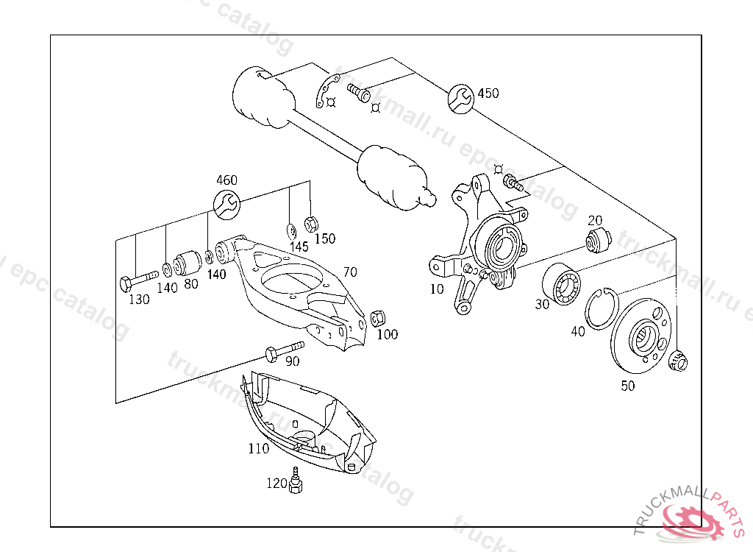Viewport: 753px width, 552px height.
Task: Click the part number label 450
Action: click(x=488, y=93)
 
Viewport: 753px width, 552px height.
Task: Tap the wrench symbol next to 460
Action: click(x=226, y=203)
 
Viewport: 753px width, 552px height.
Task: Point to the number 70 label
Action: click(x=349, y=272)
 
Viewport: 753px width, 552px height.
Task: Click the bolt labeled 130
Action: click(x=138, y=279)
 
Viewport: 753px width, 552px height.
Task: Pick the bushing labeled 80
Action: click(x=189, y=261)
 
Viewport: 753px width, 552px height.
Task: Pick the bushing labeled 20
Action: click(x=597, y=238)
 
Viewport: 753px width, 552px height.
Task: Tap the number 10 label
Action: click(x=437, y=289)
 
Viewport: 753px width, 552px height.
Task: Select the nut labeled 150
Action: click(x=311, y=221)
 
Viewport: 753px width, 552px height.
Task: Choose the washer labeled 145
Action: click(x=290, y=228)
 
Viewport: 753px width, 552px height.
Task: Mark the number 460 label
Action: click(x=226, y=180)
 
